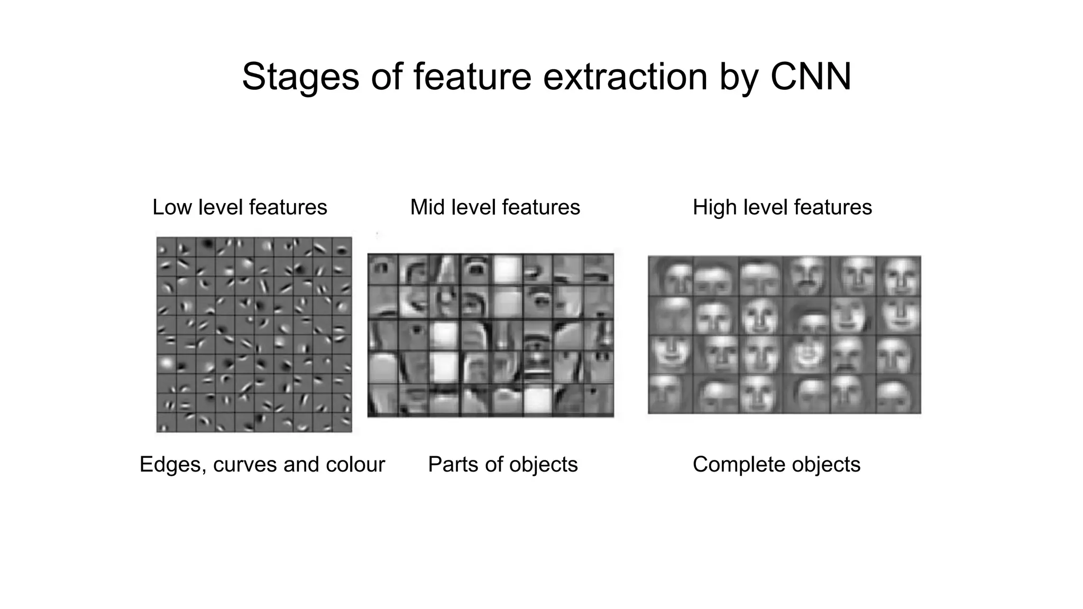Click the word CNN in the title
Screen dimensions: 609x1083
[810, 77]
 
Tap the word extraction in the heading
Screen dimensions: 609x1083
[625, 77]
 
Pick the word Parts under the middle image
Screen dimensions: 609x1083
[452, 465]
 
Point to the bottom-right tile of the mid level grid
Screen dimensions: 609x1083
[599, 400]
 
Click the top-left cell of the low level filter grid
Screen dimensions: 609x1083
[166, 247]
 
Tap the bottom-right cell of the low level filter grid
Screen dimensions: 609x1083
[342, 422]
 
